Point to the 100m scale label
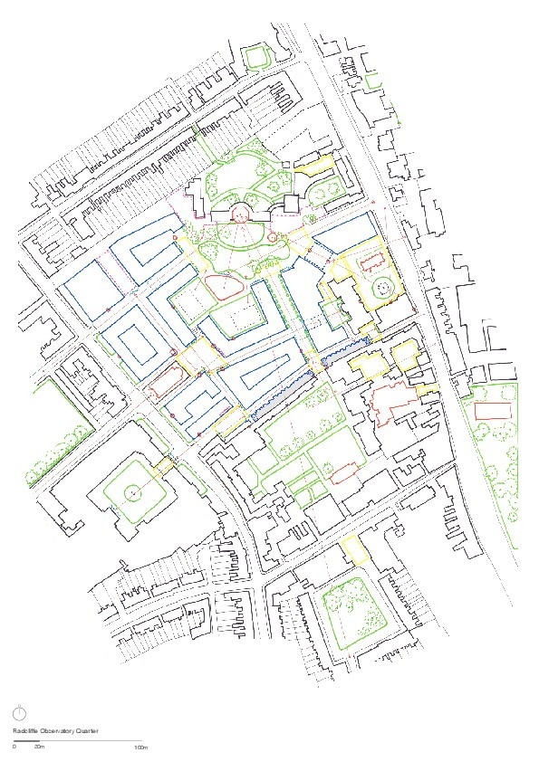point(140,748)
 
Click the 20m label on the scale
point(39,748)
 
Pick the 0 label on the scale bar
point(14,748)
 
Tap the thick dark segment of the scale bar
point(26,741)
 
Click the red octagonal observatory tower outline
point(242,214)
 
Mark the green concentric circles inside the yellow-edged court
point(382,289)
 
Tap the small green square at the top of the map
point(257,56)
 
